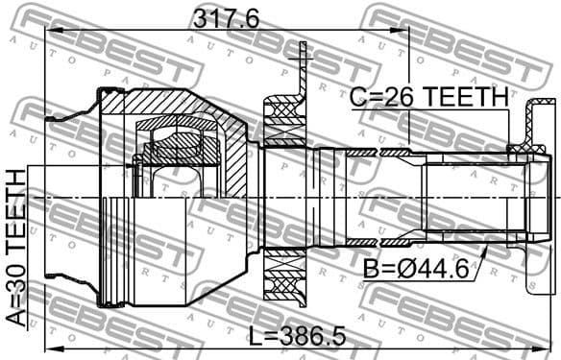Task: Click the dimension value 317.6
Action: [x=227, y=17]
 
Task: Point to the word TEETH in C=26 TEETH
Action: [x=468, y=97]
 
